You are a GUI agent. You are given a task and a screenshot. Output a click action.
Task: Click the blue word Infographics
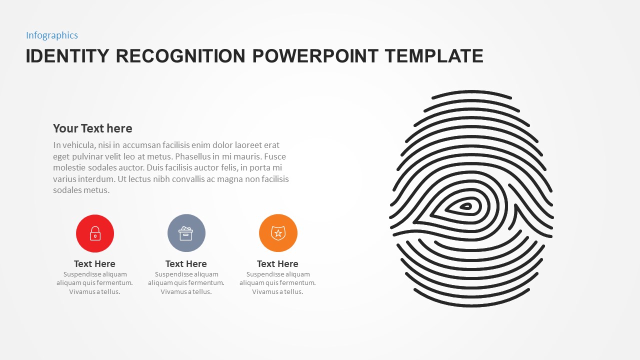52,35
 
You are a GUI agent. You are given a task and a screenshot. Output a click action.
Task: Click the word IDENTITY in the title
67,56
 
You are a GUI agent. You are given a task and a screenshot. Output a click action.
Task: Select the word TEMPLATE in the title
434,56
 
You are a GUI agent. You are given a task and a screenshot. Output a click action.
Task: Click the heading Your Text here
92,128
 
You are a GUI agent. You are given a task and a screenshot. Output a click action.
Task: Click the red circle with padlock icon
95,233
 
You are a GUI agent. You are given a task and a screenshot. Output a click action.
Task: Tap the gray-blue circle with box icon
186,233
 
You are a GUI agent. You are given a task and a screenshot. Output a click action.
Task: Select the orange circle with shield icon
278,233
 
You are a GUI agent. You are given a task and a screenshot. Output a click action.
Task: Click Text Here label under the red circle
94,264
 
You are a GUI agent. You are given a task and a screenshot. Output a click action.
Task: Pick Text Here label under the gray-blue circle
186,264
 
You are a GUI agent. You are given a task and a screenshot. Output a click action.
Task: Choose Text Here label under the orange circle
277,264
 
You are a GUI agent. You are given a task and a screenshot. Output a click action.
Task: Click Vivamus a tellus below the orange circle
277,292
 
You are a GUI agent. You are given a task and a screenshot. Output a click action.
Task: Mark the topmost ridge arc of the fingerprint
471,92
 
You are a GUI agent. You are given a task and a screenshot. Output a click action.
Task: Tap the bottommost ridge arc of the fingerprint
471,304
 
